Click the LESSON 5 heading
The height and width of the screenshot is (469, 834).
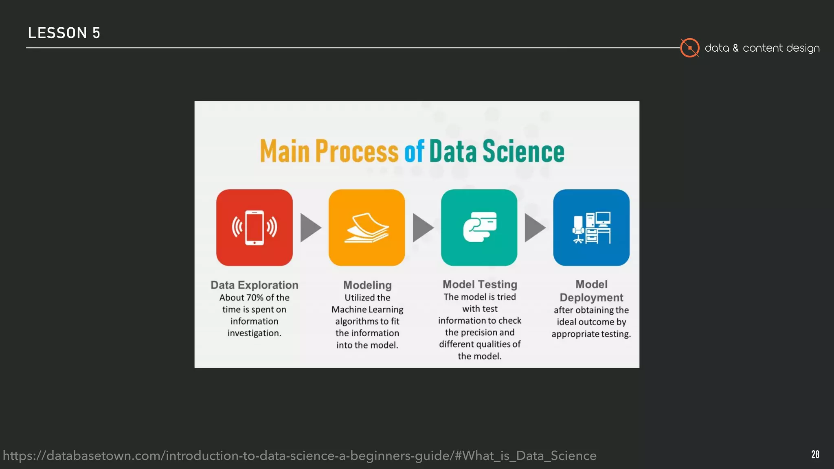64,33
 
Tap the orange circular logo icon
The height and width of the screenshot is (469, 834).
689,48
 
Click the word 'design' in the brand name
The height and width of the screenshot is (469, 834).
803,48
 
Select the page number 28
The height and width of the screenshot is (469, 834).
815,454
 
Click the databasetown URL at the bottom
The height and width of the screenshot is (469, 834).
300,456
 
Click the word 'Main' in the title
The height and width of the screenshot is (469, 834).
285,151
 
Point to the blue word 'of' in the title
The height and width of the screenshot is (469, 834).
414,151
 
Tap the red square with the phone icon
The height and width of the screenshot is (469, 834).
255,228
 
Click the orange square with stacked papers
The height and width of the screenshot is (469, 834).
367,228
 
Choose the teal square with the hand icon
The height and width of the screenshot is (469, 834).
479,228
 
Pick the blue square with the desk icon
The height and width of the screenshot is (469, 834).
591,228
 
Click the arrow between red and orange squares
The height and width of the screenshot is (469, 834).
310,228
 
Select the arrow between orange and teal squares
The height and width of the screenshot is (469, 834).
423,228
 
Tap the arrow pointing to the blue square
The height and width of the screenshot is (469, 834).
535,228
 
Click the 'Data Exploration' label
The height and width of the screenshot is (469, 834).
255,285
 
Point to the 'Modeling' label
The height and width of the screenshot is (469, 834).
367,285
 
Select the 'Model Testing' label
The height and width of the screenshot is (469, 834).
480,284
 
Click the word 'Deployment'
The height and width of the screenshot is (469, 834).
591,298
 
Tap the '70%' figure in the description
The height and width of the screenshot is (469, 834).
255,298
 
